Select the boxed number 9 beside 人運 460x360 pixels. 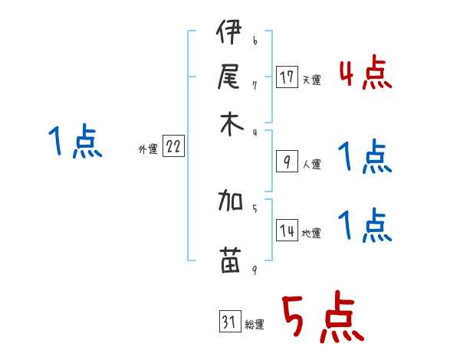click(287, 162)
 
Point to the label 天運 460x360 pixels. click(311, 80)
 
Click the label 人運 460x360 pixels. click(311, 164)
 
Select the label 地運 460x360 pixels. click(311, 234)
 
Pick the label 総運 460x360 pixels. click(255, 325)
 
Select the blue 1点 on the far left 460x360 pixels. click(76, 142)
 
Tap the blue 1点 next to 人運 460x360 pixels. click(366, 158)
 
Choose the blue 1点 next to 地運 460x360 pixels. click(366, 226)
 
